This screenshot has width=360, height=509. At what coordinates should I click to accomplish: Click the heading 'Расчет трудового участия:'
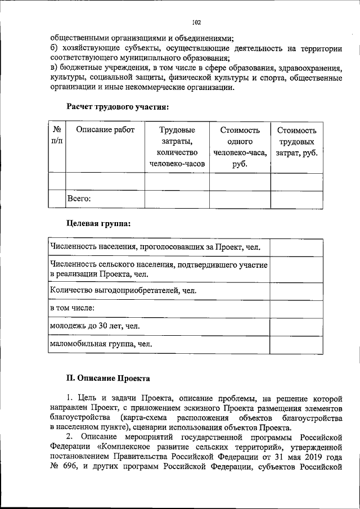118,105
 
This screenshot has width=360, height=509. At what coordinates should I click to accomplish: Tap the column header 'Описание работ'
105,130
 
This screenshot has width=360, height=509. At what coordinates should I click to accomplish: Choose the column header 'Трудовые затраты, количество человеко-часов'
177,147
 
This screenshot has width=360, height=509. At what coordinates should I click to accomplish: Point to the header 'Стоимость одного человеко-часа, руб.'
240,147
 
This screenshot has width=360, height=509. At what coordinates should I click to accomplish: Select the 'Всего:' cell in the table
79,198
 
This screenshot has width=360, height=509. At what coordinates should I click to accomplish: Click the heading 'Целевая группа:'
99,223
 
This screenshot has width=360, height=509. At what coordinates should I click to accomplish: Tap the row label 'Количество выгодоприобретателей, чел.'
123,291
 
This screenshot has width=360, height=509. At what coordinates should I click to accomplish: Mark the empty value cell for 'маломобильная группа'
296,344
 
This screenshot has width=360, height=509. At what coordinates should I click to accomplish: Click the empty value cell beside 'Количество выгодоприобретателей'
296,291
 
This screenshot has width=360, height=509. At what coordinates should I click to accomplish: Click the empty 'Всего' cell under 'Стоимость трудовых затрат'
297,199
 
